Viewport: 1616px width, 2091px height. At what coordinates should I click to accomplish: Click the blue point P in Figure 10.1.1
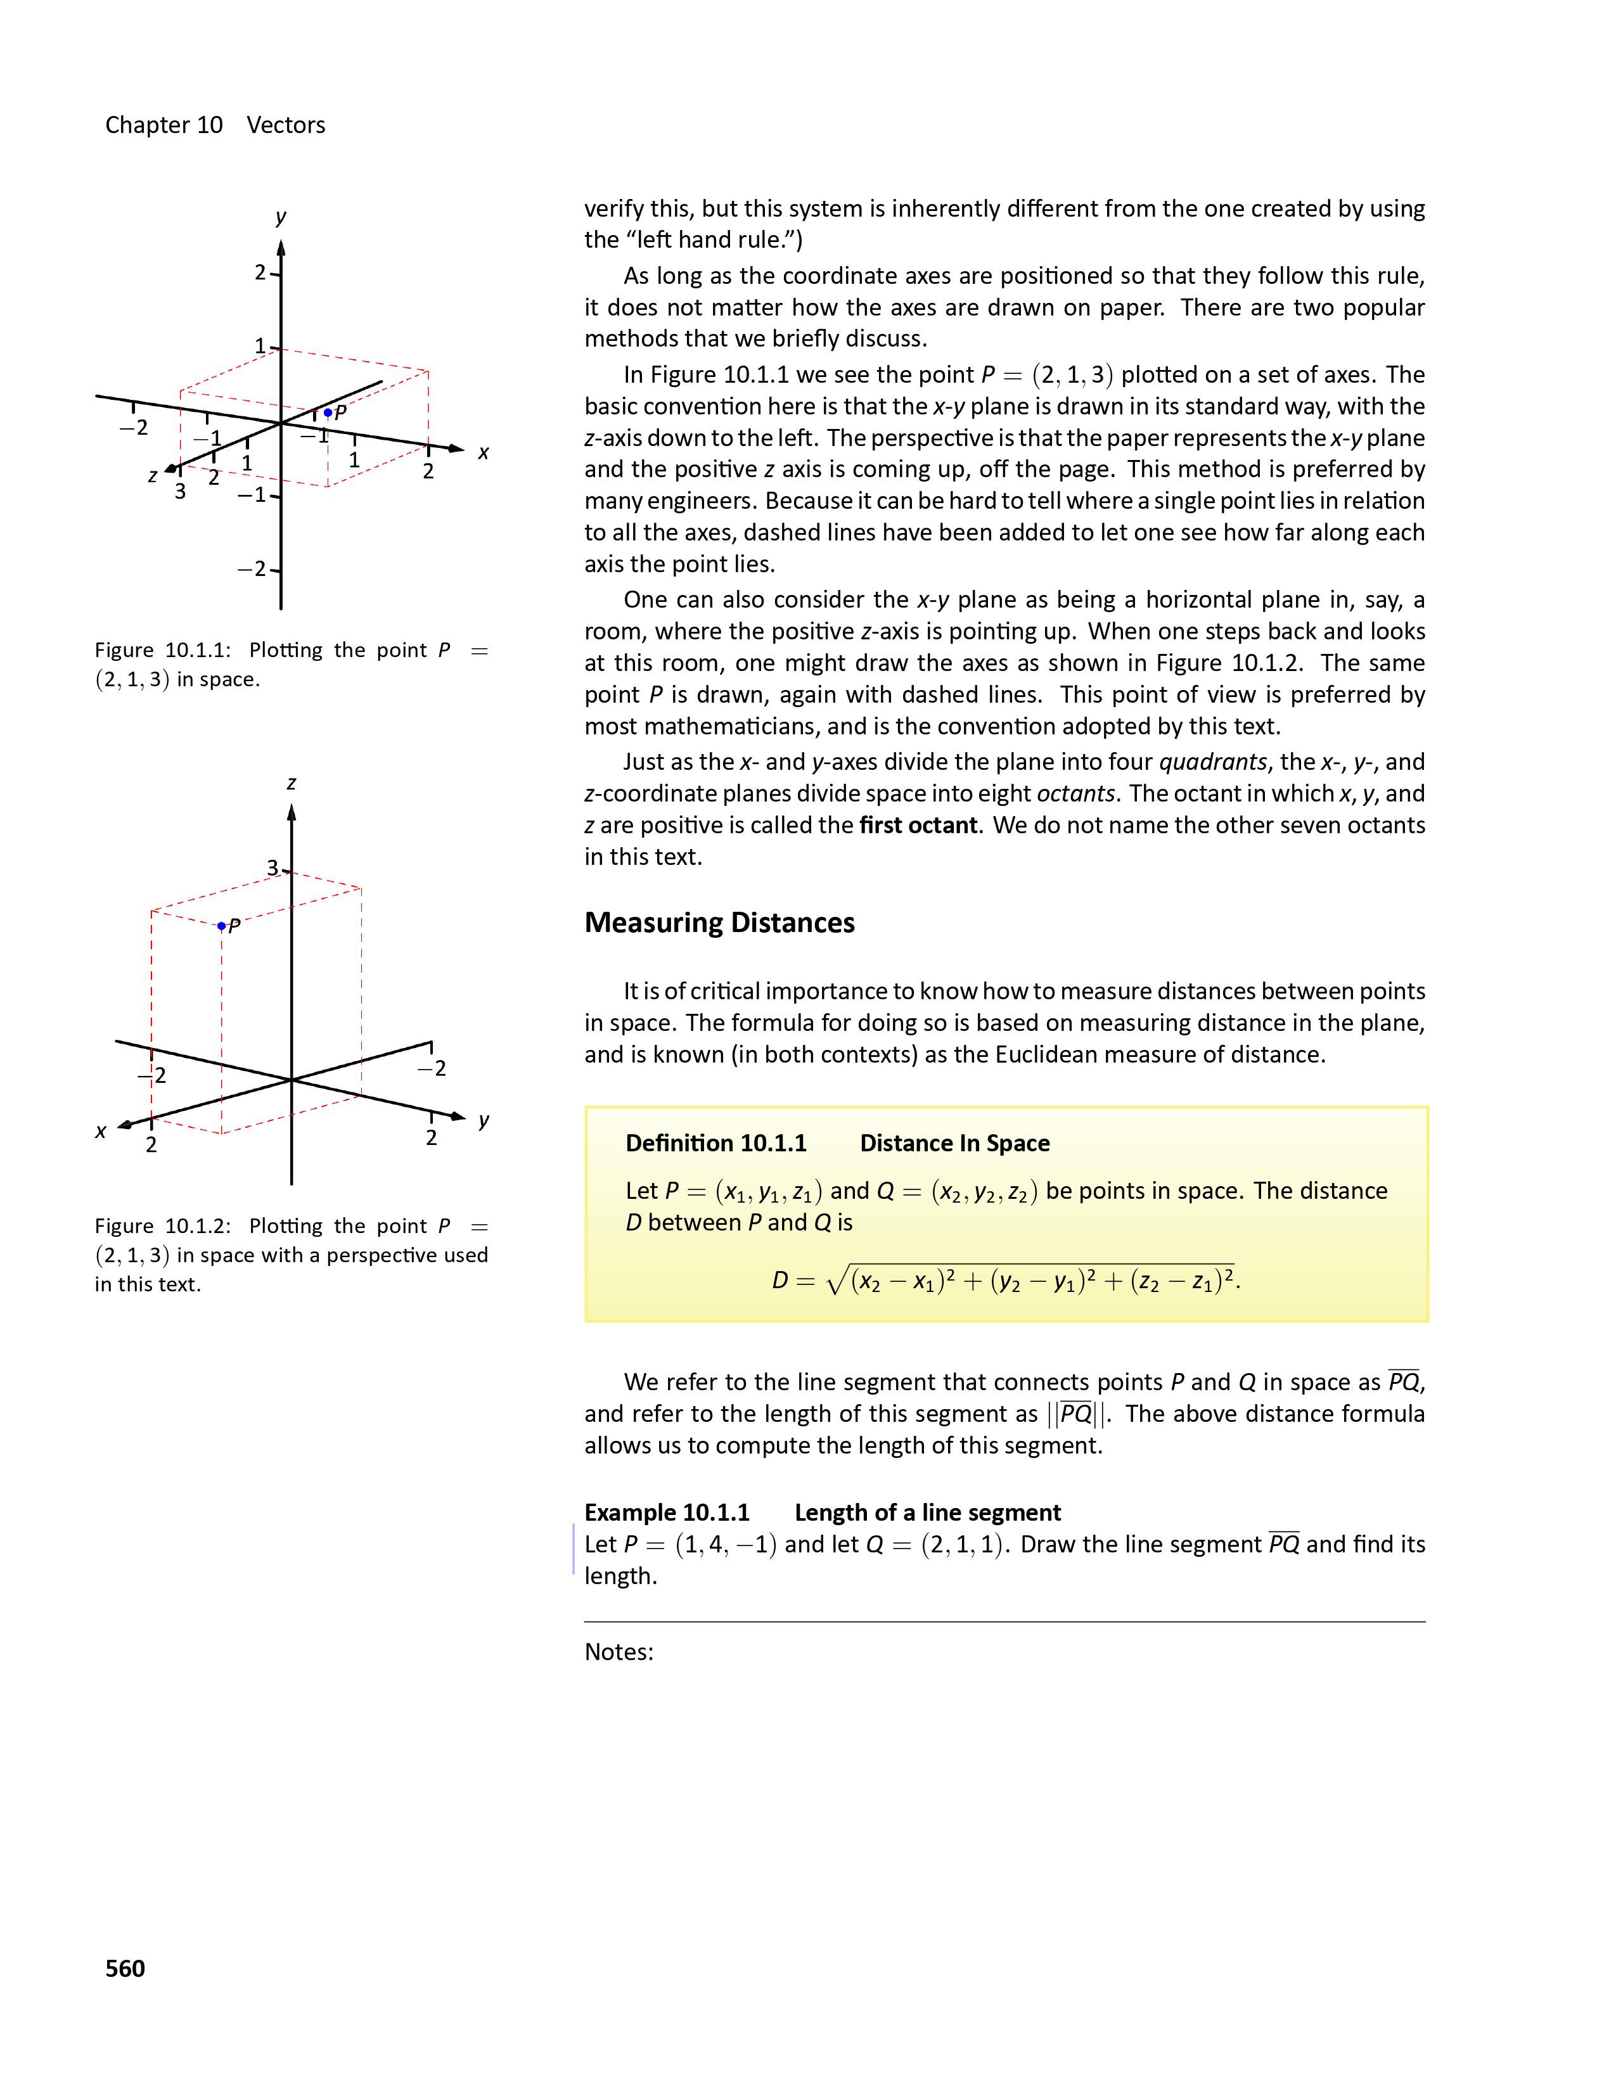tap(328, 412)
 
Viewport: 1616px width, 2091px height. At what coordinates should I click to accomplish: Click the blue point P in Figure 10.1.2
tap(222, 926)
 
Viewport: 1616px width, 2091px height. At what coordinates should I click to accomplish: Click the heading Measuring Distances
tap(719, 922)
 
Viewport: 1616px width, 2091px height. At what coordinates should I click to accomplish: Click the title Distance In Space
tap(954, 1143)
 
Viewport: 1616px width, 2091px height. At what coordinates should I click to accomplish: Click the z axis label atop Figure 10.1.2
tap(291, 783)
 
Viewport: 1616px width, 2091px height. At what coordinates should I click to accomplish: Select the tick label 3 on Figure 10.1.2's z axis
tap(273, 867)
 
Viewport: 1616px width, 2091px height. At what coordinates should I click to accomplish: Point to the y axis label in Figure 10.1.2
tap(484, 1120)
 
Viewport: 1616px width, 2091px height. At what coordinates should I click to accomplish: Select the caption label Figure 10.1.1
tap(163, 650)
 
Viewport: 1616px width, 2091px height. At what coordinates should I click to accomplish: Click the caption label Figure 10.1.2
tap(163, 1227)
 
